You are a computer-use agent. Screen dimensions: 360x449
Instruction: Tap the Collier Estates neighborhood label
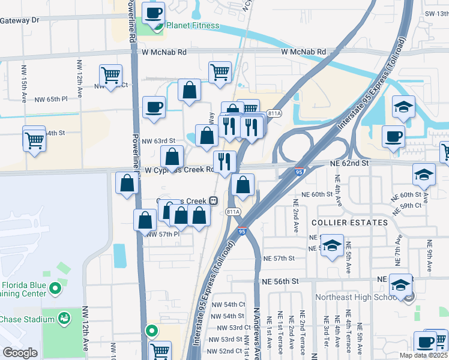349,223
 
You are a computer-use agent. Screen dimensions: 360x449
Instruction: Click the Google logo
20,353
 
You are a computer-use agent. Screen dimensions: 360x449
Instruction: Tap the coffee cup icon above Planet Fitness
153,12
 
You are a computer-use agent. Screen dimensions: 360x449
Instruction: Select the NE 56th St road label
280,281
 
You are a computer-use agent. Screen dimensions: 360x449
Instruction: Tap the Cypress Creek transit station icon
213,200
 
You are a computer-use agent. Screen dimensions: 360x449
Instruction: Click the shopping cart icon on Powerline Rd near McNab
110,76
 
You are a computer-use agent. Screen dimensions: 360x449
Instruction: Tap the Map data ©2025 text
424,355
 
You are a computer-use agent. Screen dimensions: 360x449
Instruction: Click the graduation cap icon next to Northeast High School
401,284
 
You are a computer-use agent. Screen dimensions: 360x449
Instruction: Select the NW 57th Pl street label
162,235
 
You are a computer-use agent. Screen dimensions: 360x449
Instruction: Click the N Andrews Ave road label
256,333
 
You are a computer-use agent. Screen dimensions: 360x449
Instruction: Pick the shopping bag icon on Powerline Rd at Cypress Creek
127,184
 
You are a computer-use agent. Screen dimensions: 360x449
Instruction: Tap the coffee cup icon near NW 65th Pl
154,107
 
